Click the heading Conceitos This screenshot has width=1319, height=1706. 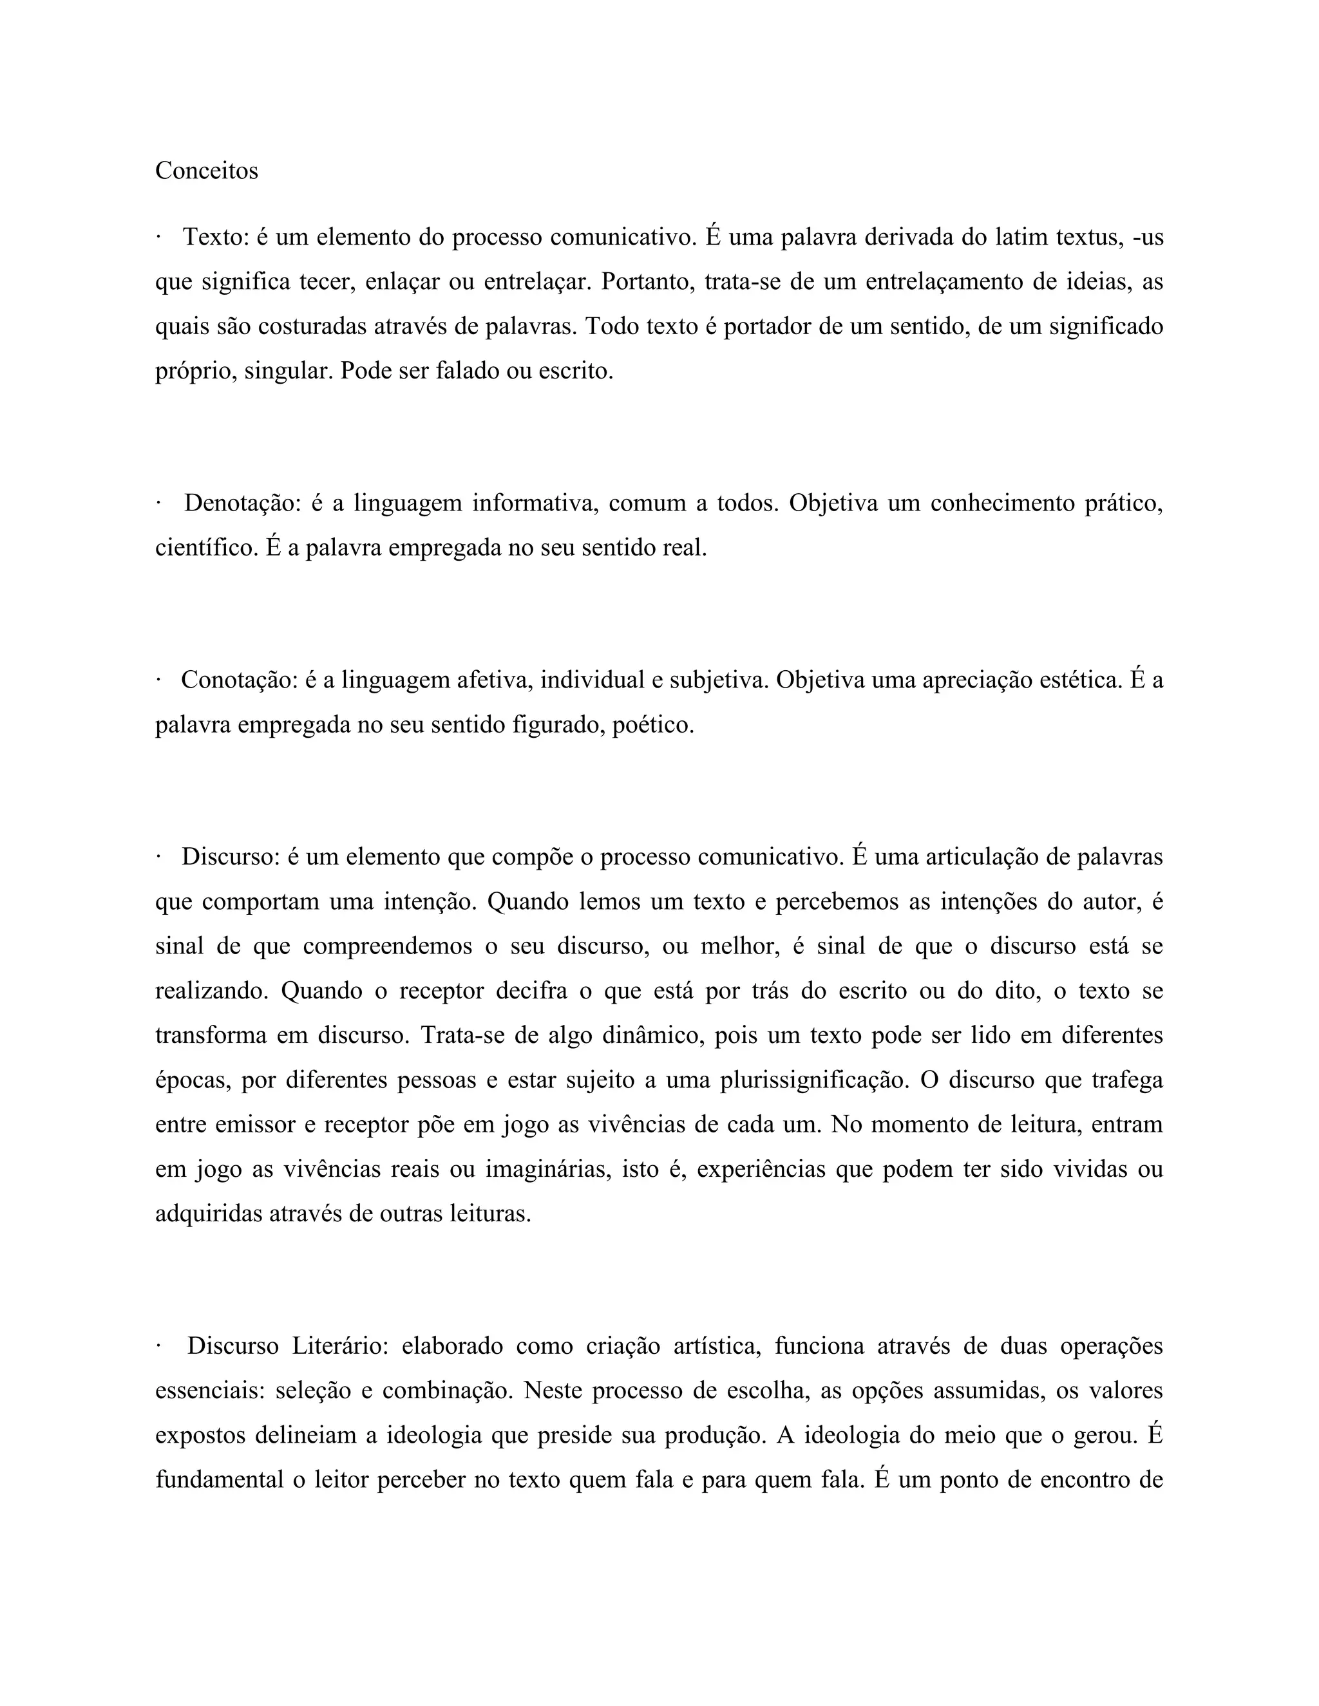pyautogui.click(x=206, y=171)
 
